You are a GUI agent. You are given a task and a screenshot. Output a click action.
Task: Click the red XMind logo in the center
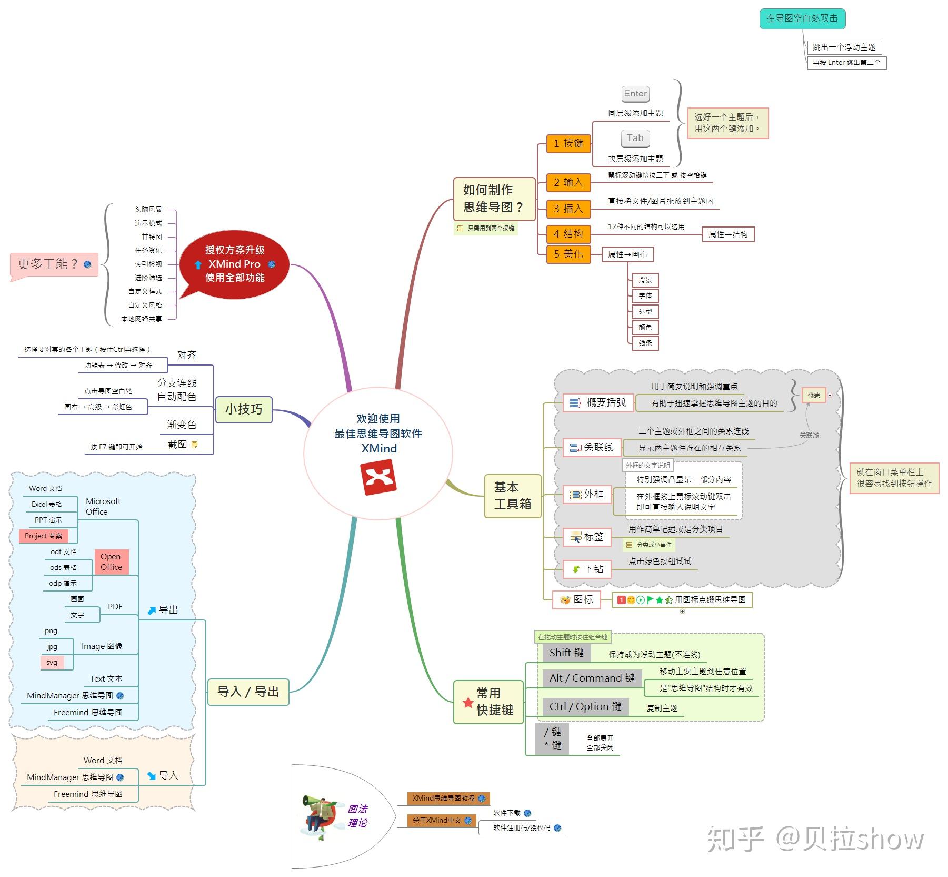[x=378, y=477]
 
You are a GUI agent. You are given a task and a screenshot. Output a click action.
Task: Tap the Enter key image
[x=635, y=94]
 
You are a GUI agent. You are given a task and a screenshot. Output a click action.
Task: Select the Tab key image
[x=635, y=138]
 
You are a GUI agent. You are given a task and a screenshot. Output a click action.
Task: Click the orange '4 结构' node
[x=568, y=234]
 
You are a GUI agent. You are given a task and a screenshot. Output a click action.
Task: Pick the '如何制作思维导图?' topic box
[x=494, y=199]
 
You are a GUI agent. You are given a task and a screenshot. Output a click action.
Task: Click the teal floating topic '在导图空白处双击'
[x=802, y=18]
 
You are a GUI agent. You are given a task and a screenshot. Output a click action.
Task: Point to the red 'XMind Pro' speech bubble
[x=234, y=264]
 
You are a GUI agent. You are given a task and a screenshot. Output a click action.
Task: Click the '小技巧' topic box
[x=244, y=409]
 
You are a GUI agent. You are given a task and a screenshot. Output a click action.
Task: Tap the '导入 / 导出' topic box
[x=248, y=692]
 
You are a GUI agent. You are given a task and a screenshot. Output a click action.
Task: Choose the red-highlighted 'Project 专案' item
[x=43, y=536]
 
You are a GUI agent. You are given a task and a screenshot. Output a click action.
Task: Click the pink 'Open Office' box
[x=111, y=561]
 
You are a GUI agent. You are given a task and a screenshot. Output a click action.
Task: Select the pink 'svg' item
[x=52, y=662]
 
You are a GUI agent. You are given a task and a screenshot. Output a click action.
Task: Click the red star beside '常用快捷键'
[x=467, y=702]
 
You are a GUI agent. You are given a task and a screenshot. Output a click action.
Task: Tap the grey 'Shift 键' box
[x=566, y=653]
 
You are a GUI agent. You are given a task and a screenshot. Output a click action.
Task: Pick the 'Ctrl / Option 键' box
[x=585, y=706]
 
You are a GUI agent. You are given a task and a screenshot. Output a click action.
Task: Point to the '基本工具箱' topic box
[x=512, y=496]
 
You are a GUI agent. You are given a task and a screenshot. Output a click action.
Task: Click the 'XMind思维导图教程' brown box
[x=448, y=798]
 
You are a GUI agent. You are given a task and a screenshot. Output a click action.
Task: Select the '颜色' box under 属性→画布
[x=645, y=327]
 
